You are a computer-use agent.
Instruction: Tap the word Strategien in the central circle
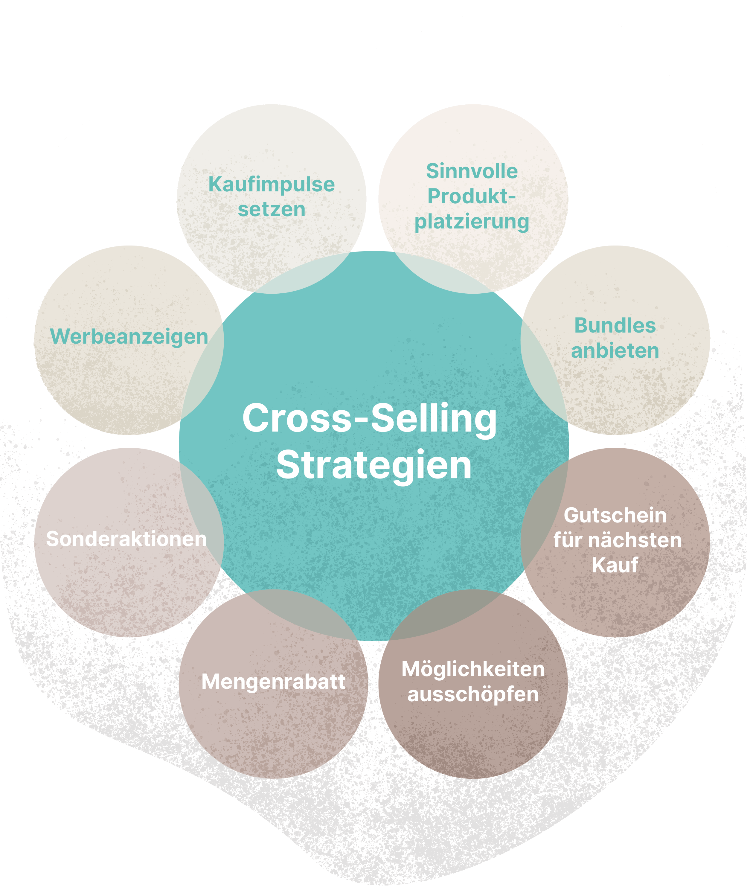click(x=373, y=465)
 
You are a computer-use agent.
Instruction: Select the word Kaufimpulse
click(x=272, y=185)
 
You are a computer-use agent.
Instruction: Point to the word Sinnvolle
click(x=472, y=171)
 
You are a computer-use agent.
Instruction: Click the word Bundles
click(x=615, y=326)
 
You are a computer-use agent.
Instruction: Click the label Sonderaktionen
click(x=126, y=539)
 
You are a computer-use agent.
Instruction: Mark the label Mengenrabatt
click(x=273, y=682)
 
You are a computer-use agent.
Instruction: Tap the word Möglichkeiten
click(x=473, y=669)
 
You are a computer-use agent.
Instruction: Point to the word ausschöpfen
click(x=473, y=695)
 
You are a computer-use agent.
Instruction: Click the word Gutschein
click(x=615, y=515)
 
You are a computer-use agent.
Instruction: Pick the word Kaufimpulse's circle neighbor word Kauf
click(x=615, y=565)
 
